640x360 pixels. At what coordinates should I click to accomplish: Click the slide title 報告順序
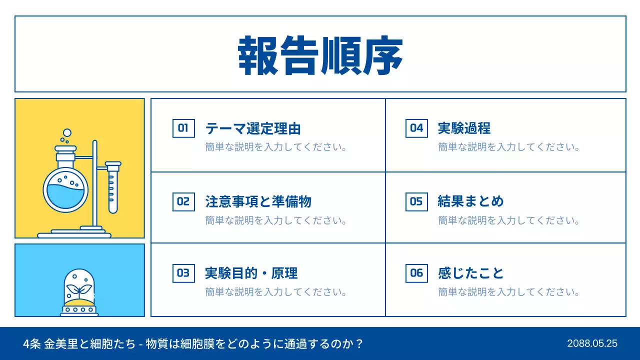tap(320, 55)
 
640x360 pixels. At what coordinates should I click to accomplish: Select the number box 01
tap(183, 128)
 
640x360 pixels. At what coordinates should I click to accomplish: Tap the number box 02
tap(183, 201)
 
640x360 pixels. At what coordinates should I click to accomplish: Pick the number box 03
tap(183, 273)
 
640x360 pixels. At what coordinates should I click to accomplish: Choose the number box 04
tap(416, 128)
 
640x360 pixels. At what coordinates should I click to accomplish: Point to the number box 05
tap(416, 201)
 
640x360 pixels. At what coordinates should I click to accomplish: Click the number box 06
tap(416, 273)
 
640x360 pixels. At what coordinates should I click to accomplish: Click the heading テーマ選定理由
tap(253, 128)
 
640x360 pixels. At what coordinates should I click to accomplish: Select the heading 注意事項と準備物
tap(258, 201)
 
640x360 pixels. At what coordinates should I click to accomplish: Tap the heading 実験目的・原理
tap(251, 273)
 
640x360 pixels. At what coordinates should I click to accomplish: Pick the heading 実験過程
tap(464, 128)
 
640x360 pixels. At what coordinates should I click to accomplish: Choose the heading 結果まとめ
tap(470, 201)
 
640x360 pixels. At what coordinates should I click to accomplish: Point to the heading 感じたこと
tap(470, 273)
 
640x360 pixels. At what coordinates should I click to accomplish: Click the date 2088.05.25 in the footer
tap(592, 343)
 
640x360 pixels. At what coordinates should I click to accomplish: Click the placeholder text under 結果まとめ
tap(509, 220)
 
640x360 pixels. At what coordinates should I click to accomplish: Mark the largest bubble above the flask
tap(67, 133)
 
